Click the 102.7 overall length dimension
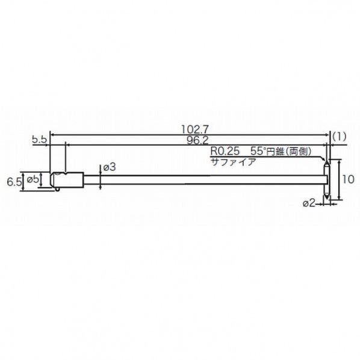point(195,129)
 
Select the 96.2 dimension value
point(197,140)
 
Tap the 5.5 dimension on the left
point(40,140)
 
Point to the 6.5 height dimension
point(14,182)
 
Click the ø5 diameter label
point(33,179)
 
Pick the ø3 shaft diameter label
point(110,167)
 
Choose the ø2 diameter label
point(309,203)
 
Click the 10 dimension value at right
point(349,179)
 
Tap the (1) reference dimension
point(339,137)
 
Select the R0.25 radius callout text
point(225,151)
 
